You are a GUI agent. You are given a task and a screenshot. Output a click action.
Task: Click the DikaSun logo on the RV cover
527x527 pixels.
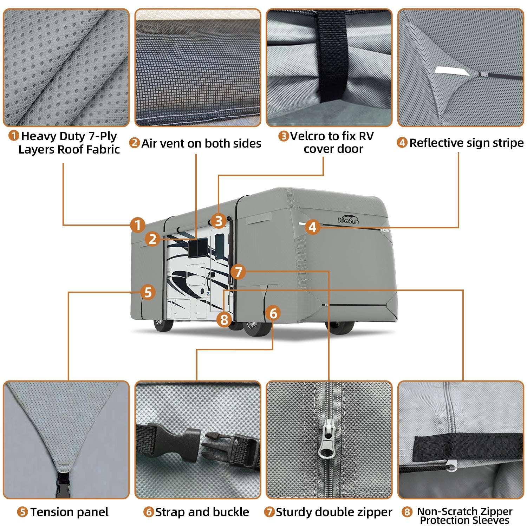pyautogui.click(x=348, y=220)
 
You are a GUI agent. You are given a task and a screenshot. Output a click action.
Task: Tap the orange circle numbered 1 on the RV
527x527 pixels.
pyautogui.click(x=138, y=225)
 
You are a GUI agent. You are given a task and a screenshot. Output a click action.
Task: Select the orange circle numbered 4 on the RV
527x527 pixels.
pyautogui.click(x=312, y=227)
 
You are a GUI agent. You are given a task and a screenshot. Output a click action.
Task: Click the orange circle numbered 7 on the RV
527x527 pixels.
pyautogui.click(x=239, y=272)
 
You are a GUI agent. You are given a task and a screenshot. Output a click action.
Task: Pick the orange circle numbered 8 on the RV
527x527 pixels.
pyautogui.click(x=224, y=319)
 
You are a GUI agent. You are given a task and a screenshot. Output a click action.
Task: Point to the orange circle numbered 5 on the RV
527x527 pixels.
pyautogui.click(x=148, y=292)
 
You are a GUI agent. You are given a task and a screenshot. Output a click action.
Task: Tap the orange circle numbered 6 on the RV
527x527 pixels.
pyautogui.click(x=273, y=313)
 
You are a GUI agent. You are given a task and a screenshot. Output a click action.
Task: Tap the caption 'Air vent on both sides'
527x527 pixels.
pyautogui.click(x=201, y=143)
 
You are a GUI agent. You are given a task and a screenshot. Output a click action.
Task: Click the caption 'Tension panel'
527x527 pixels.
pyautogui.click(x=69, y=512)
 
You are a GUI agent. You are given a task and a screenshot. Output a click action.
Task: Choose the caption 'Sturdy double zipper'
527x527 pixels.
pyautogui.click(x=334, y=512)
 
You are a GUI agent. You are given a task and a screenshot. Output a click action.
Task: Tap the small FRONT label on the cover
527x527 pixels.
pyautogui.click(x=385, y=230)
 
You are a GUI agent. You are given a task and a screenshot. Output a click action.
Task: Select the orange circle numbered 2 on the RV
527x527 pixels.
pyautogui.click(x=152, y=239)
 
